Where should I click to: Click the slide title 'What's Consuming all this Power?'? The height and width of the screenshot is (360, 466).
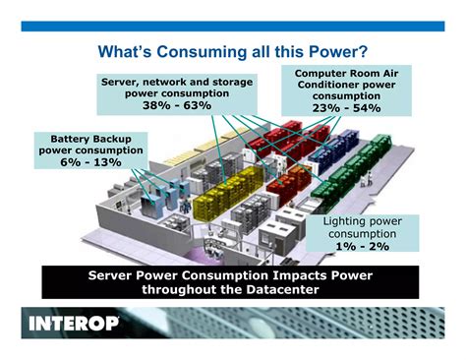(x=233, y=48)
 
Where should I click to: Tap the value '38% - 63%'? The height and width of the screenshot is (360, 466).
(x=177, y=105)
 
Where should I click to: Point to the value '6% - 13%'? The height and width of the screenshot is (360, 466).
(x=90, y=162)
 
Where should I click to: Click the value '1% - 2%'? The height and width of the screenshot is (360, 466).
(x=362, y=249)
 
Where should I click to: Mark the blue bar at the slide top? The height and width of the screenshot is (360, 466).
(x=233, y=26)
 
